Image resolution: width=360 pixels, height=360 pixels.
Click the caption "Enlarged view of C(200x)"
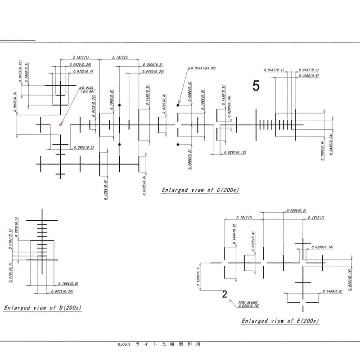[x=200, y=190]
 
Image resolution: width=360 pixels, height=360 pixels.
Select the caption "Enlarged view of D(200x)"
[x=42, y=308]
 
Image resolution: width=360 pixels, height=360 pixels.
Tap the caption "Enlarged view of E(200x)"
[x=280, y=321]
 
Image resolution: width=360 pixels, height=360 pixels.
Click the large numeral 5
[x=256, y=87]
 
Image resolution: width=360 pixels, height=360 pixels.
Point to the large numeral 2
[x=224, y=295]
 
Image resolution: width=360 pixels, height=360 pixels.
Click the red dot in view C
[x=60, y=125]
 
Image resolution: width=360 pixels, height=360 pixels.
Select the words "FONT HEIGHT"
[x=247, y=301]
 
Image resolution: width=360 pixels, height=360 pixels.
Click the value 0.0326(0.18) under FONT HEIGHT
[x=249, y=306]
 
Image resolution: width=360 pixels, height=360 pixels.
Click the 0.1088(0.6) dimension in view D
[x=68, y=284]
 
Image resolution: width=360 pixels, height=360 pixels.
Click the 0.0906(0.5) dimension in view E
[x=296, y=210]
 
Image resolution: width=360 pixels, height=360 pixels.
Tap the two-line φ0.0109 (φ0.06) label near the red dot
[x=87, y=89]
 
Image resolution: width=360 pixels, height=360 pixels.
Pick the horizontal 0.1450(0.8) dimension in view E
[x=333, y=292]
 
